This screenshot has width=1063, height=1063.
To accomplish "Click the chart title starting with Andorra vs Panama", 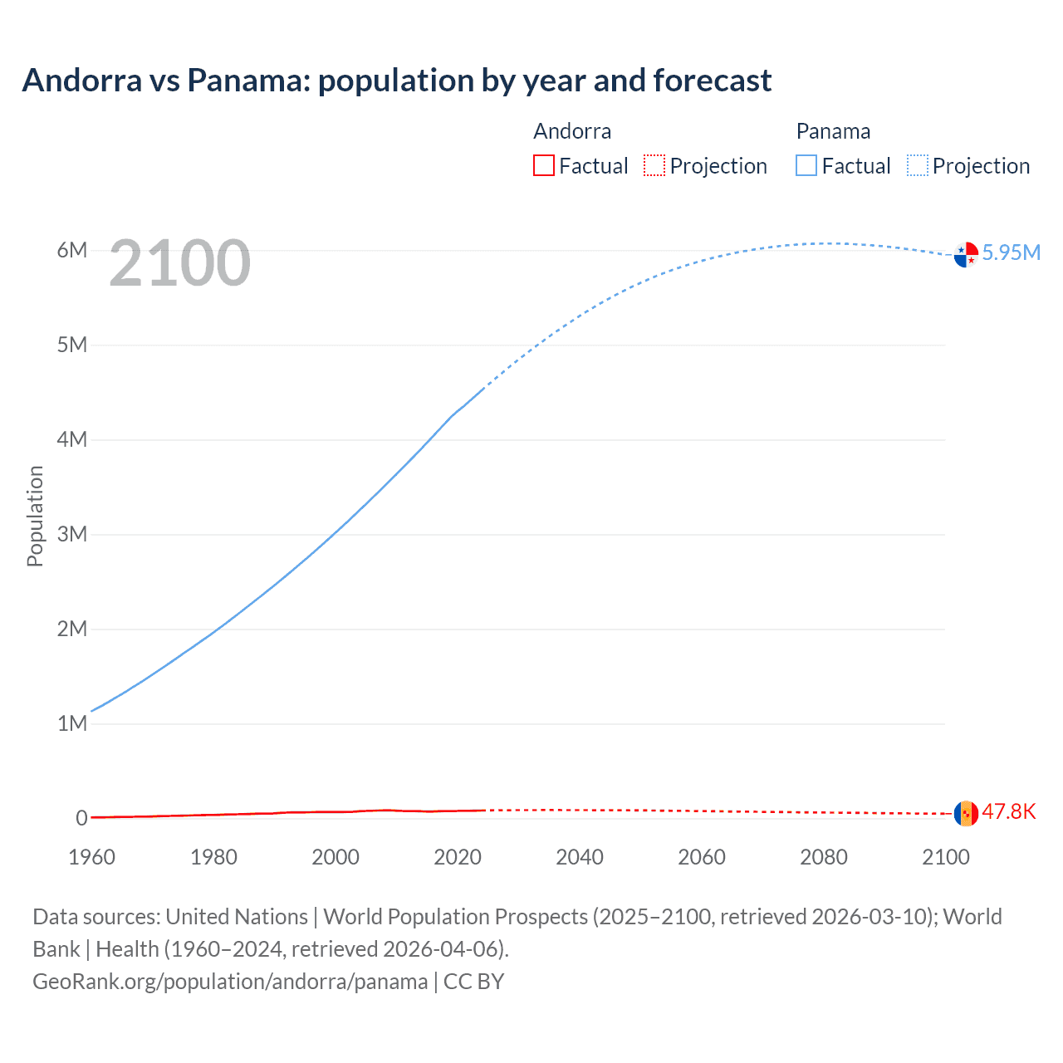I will pyautogui.click(x=397, y=81).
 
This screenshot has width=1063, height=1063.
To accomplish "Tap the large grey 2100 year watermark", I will pyautogui.click(x=179, y=263).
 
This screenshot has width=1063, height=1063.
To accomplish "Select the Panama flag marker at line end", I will pyautogui.click(x=966, y=254).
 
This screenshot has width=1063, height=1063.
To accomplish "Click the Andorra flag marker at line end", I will pyautogui.click(x=966, y=813).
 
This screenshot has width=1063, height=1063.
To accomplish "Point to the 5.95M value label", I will pyautogui.click(x=1011, y=252).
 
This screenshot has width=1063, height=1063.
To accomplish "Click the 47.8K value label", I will pyautogui.click(x=1008, y=811).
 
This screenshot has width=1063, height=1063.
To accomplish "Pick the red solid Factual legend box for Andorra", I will pyautogui.click(x=544, y=166).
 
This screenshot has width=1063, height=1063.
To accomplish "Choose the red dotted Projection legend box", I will pyautogui.click(x=654, y=166).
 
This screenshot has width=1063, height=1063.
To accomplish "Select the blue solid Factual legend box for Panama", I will pyautogui.click(x=806, y=166).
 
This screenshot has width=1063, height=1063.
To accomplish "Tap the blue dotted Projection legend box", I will pyautogui.click(x=918, y=166).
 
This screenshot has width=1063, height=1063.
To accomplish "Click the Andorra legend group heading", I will pyautogui.click(x=572, y=131).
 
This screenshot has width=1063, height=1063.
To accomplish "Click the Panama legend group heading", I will pyautogui.click(x=833, y=131).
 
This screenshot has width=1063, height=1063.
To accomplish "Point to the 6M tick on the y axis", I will pyautogui.click(x=72, y=250).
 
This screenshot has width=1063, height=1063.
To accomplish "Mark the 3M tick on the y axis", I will pyautogui.click(x=72, y=534).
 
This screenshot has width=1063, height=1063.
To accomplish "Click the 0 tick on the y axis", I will pyautogui.click(x=81, y=818).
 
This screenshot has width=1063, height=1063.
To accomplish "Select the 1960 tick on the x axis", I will pyautogui.click(x=91, y=857).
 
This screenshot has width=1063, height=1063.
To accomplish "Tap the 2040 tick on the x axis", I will pyautogui.click(x=580, y=857).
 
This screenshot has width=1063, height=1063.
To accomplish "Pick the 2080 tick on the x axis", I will pyautogui.click(x=824, y=857).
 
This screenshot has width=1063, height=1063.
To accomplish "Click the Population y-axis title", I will pyautogui.click(x=35, y=516).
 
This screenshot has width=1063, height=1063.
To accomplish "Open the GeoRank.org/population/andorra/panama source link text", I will pyautogui.click(x=230, y=982).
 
